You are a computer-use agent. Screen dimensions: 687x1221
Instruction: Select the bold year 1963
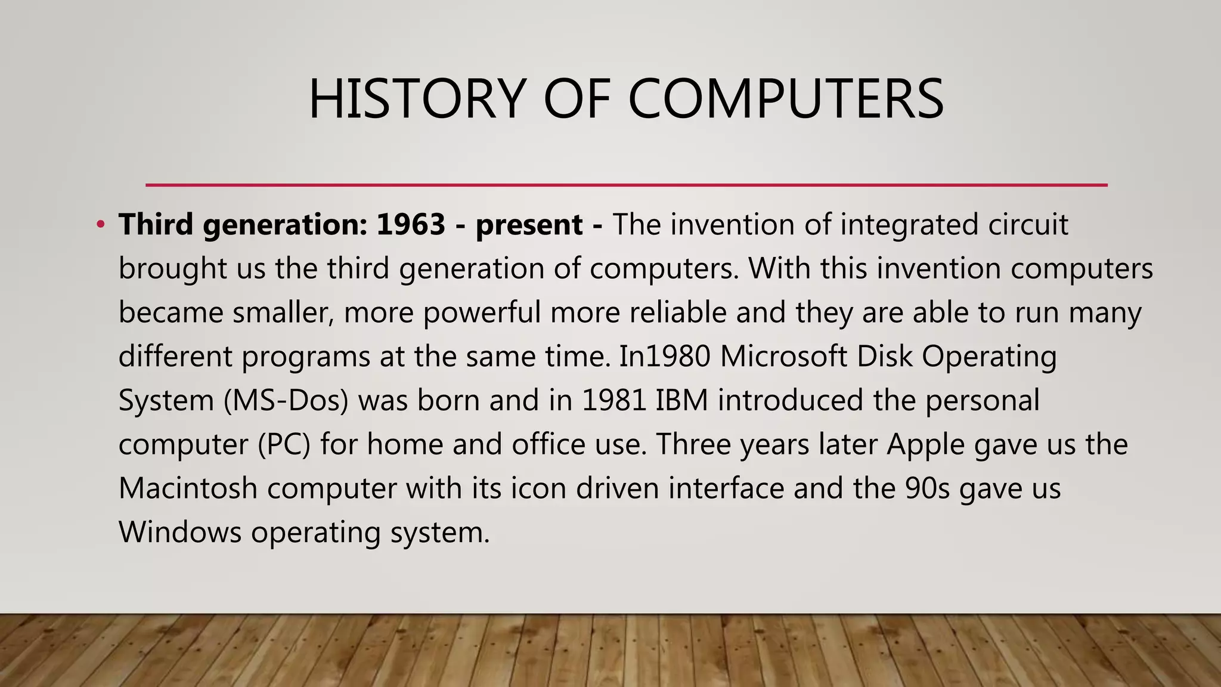tap(411, 225)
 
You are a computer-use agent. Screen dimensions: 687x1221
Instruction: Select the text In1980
tap(665, 357)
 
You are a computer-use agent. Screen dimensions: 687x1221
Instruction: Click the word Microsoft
tap(783, 357)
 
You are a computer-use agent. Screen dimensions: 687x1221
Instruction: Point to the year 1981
tap(614, 401)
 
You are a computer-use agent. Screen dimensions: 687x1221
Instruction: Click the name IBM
tap(682, 401)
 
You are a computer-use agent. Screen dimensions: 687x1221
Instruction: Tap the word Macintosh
tap(188, 488)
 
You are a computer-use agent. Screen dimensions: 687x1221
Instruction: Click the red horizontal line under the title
tap(626, 185)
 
